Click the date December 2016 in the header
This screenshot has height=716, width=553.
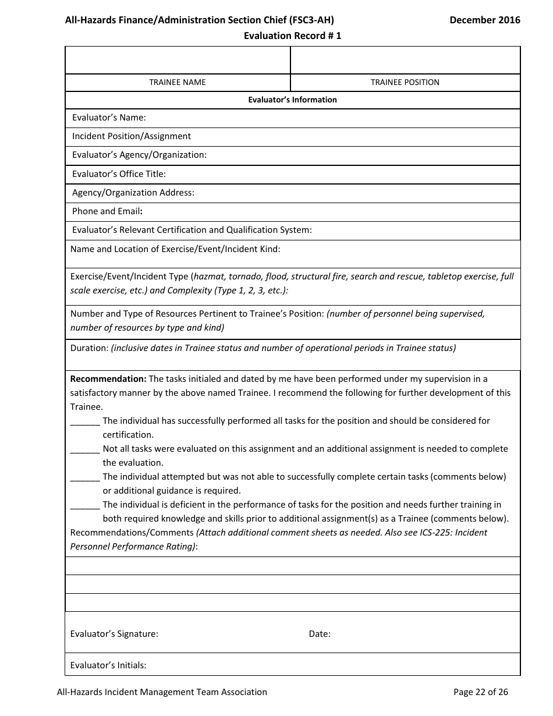(x=485, y=20)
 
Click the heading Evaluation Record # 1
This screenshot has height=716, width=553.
(x=292, y=36)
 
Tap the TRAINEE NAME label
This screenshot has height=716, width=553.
(x=178, y=82)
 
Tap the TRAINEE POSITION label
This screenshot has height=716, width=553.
(x=405, y=82)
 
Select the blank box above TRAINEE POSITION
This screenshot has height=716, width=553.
(x=405, y=60)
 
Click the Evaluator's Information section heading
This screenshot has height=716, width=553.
(x=292, y=100)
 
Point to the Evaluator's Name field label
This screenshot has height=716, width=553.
(x=109, y=118)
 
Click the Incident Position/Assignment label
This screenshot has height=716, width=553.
(x=132, y=136)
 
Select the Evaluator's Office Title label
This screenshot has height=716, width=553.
(x=119, y=173)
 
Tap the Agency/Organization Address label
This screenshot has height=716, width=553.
(x=133, y=192)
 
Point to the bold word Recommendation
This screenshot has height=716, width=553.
(x=108, y=379)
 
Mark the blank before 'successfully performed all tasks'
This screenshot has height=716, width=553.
(x=85, y=421)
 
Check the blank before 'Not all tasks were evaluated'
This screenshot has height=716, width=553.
(x=85, y=449)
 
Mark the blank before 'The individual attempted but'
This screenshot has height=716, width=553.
(x=85, y=477)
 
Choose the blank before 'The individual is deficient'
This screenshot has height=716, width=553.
(x=85, y=505)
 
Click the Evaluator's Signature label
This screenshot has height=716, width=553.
(x=114, y=634)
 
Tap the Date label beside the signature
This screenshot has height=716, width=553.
(x=320, y=634)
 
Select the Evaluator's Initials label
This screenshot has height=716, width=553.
(x=108, y=665)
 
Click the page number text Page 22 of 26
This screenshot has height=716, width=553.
(x=481, y=692)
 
